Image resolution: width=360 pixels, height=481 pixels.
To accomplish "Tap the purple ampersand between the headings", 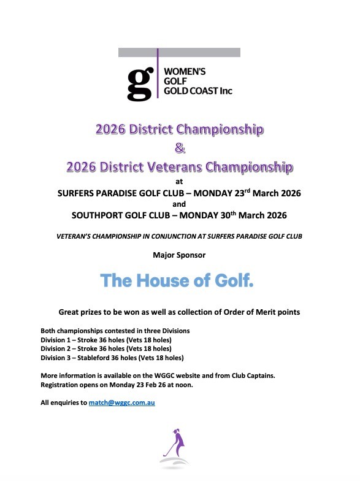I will coord(179,148).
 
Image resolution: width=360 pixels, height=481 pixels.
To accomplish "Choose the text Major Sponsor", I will coord(179,253).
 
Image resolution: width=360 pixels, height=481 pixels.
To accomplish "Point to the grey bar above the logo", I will coord(179,52).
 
